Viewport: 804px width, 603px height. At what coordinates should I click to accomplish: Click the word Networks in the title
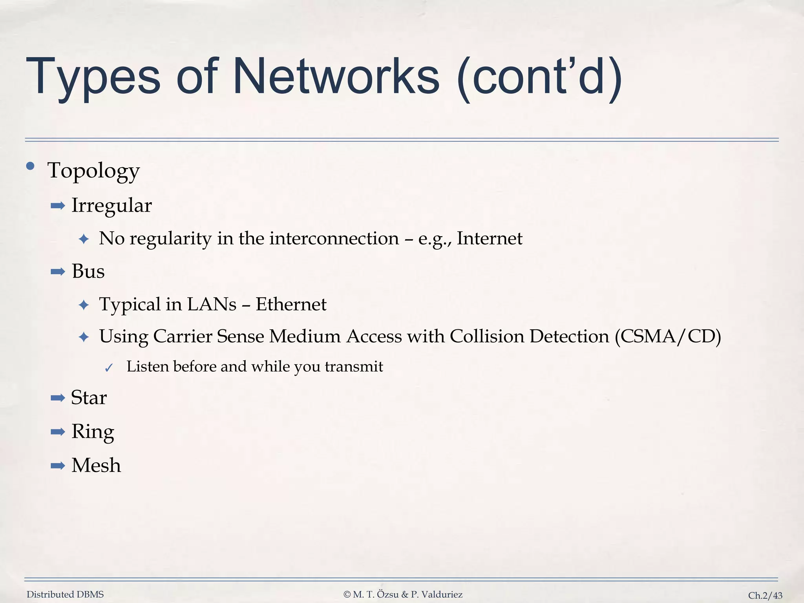pos(336,76)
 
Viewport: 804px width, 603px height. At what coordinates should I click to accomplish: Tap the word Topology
pos(93,171)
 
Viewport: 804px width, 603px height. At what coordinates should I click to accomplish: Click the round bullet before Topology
pos(30,166)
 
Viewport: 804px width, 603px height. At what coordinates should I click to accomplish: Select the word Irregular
pos(111,205)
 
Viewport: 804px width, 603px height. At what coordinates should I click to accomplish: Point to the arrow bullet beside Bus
pos(58,272)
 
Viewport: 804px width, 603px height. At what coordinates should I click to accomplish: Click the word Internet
pos(490,238)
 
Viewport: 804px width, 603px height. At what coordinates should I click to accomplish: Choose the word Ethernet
pos(291,304)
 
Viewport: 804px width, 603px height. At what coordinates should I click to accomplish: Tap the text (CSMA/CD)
pos(668,336)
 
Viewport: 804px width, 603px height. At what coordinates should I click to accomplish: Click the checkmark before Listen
pos(109,368)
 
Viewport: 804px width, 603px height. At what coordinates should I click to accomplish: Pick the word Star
pos(89,398)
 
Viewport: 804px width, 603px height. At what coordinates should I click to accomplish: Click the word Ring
pos(93,432)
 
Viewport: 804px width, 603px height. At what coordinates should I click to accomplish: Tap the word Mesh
pos(96,466)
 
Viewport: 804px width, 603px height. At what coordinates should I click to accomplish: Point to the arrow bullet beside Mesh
pos(58,466)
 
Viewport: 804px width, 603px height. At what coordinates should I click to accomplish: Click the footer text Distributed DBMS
pos(65,594)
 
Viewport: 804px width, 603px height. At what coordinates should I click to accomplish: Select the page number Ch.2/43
pos(765,596)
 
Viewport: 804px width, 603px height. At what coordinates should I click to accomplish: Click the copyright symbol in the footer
pos(347,595)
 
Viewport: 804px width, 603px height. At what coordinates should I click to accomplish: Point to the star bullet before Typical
pos(84,305)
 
